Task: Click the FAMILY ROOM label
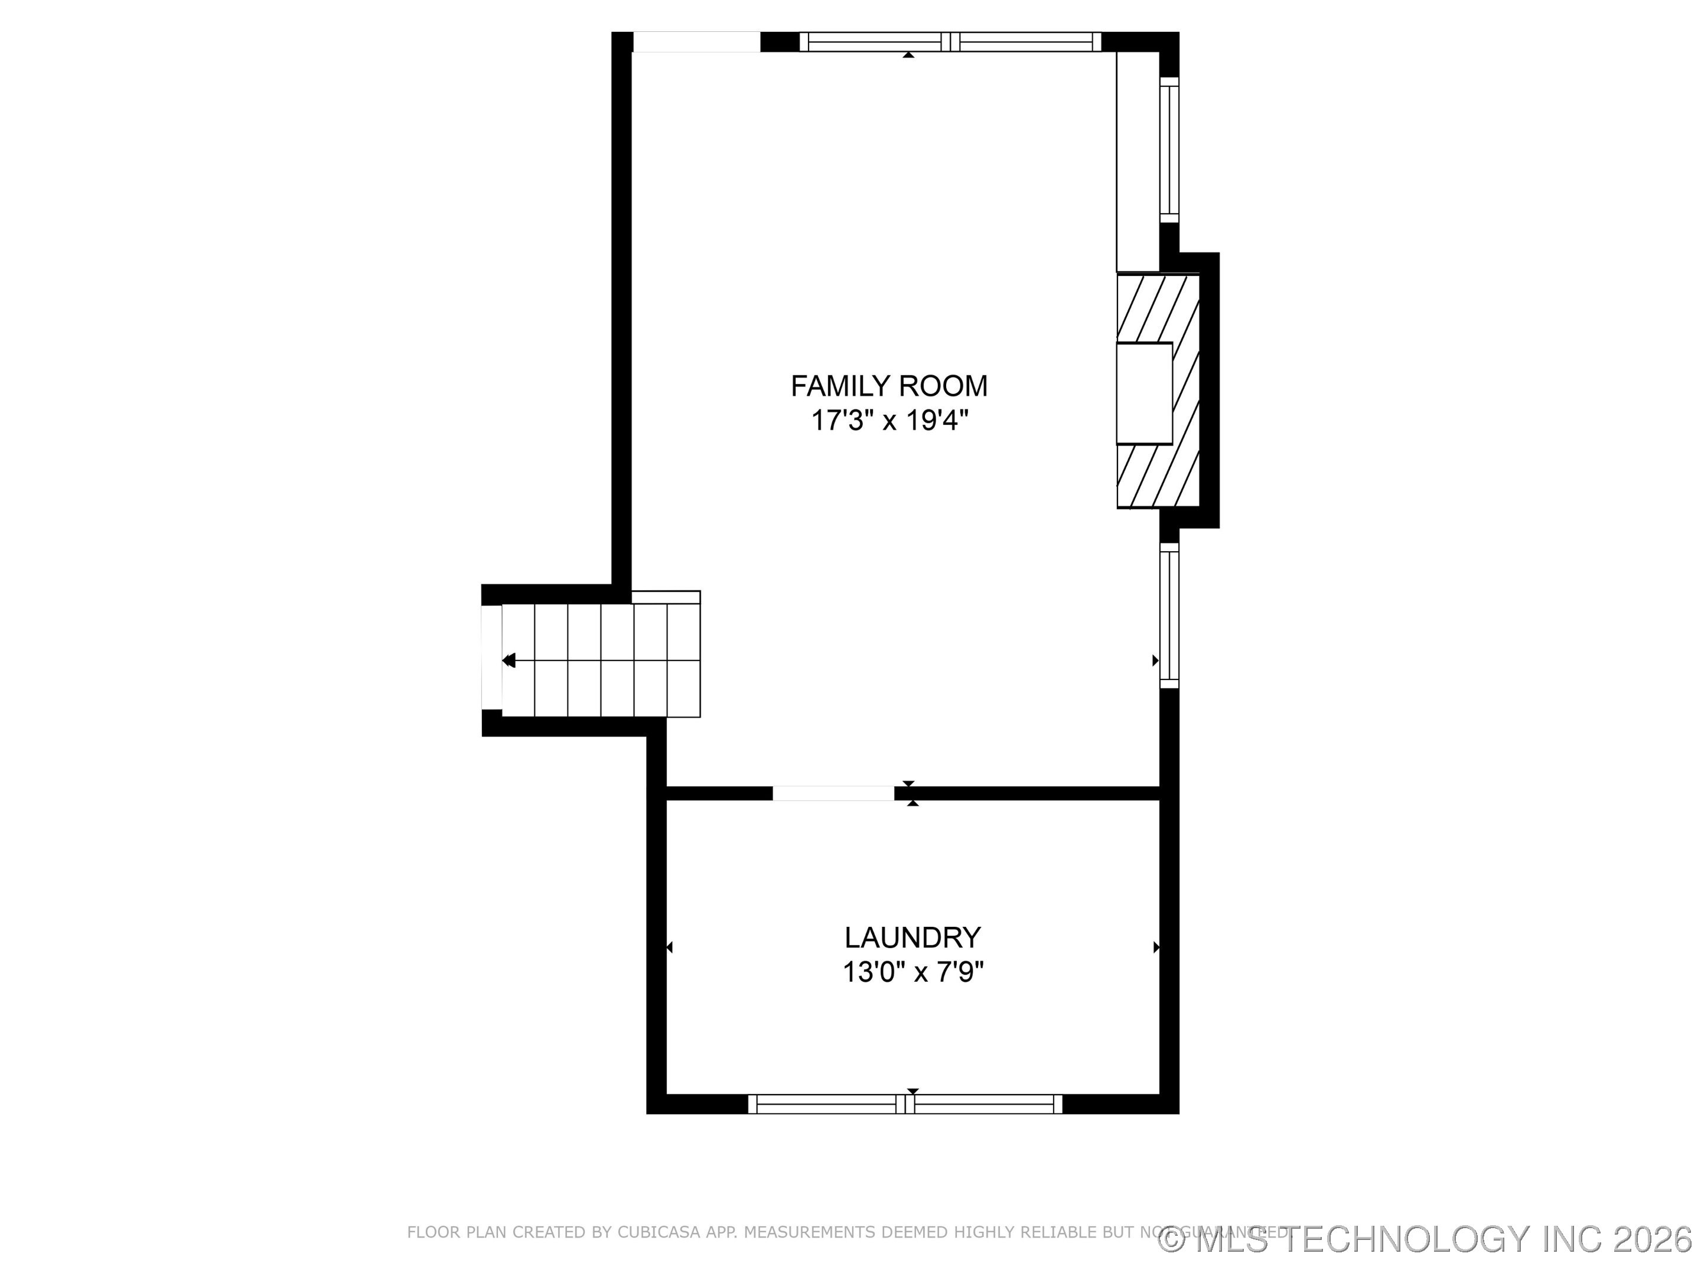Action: pos(889,385)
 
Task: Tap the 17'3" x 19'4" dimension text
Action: pos(889,421)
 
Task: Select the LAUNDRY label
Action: pos(912,938)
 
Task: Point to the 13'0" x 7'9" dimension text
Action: pos(913,973)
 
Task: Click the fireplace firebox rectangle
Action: pos(1143,393)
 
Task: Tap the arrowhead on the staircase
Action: pos(509,660)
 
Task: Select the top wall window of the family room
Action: pos(950,41)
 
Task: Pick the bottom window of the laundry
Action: pos(905,1104)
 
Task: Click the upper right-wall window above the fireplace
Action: pos(1168,150)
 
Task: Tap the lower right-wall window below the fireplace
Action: pos(1168,616)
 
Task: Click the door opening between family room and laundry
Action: pos(833,793)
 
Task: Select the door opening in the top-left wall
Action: pos(696,41)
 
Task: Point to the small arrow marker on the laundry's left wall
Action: pos(670,948)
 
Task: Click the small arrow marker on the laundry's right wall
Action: pos(1156,948)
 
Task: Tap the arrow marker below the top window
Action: pos(908,54)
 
